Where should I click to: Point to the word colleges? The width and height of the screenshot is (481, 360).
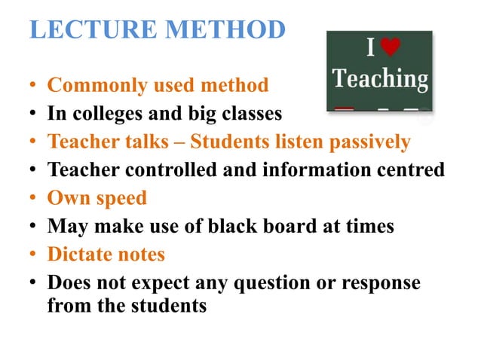pyautogui.click(x=105, y=114)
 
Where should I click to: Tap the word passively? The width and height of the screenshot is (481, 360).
pyautogui.click(x=370, y=142)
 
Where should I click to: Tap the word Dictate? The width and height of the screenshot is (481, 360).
pyautogui.click(x=79, y=254)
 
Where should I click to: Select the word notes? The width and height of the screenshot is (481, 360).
pyautogui.click(x=140, y=254)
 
